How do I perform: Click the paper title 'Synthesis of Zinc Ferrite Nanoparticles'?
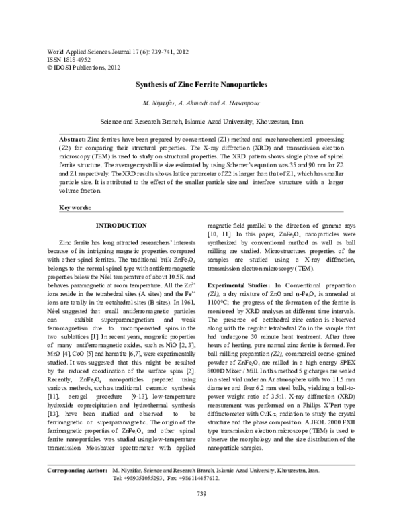[201, 85]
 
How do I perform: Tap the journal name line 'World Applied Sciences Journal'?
[85, 50]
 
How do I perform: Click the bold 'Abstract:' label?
[73, 136]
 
